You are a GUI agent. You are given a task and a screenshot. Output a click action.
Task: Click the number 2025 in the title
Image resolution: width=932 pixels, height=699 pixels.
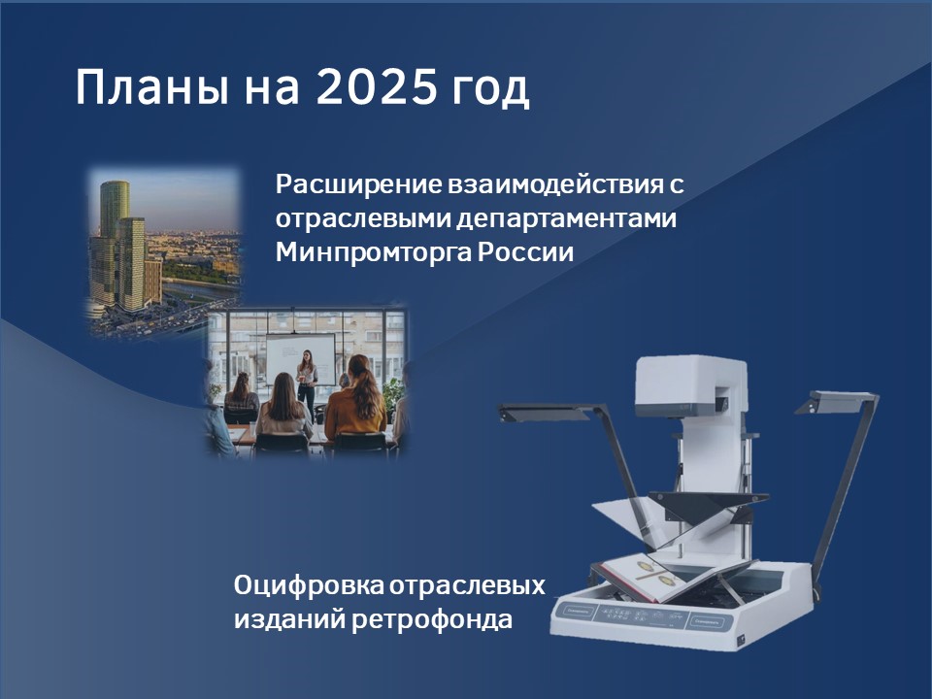point(376,87)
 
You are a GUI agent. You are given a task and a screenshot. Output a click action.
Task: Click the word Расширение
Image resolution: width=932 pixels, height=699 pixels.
point(358,184)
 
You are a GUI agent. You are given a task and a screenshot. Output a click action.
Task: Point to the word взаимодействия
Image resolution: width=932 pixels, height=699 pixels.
point(555,184)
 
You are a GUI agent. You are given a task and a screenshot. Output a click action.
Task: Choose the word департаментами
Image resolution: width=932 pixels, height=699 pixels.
point(567,218)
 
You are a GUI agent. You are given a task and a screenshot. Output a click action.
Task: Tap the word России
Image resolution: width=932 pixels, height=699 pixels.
point(525,252)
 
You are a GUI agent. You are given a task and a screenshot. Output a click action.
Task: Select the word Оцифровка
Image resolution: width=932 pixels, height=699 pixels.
point(309,585)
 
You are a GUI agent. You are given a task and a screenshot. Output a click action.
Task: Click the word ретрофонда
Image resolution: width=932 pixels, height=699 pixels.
point(432,620)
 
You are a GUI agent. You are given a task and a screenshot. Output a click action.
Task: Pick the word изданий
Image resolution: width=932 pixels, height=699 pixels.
point(289,620)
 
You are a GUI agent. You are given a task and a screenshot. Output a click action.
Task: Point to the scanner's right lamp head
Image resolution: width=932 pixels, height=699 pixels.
point(833,402)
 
